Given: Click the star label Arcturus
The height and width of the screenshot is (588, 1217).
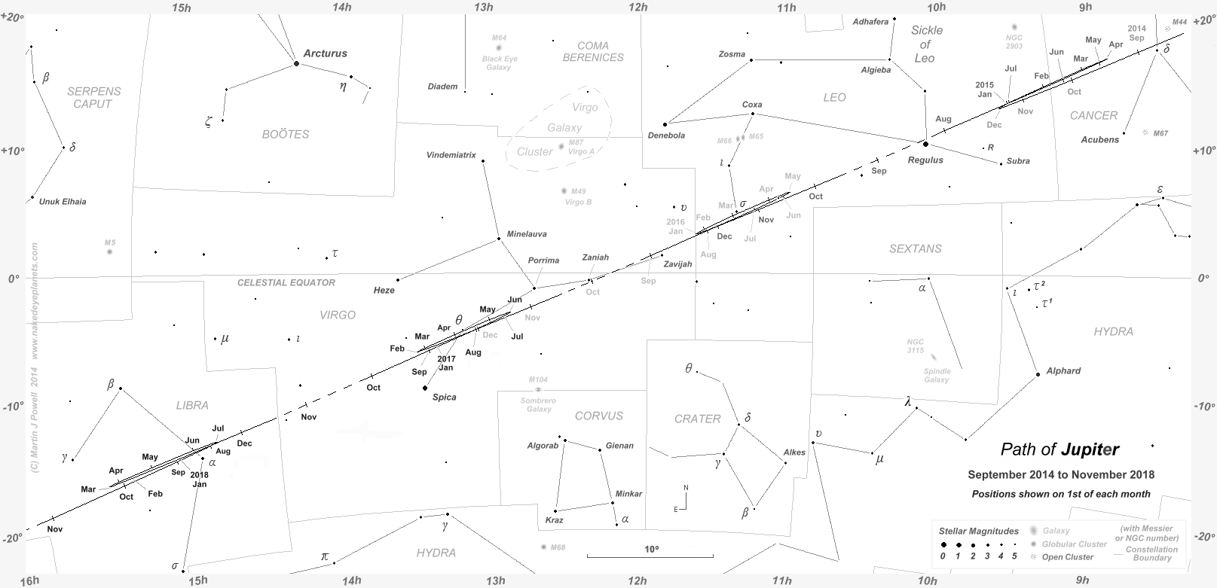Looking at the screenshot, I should (325, 53).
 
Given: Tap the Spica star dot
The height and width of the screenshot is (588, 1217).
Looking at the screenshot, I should (425, 388).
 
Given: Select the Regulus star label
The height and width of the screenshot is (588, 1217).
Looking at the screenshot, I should (925, 160).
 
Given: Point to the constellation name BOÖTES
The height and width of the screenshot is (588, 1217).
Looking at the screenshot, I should (286, 134).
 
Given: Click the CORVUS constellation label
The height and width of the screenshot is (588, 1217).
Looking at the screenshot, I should (599, 416).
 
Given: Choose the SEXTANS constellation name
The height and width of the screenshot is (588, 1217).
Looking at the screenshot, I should (915, 248).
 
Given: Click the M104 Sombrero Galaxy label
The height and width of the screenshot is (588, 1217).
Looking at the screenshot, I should (538, 400).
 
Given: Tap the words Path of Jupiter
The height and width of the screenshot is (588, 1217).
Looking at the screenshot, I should (1060, 449).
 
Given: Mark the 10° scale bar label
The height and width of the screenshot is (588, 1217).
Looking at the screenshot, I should (651, 550).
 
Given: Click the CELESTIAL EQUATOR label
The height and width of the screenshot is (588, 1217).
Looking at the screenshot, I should (286, 282).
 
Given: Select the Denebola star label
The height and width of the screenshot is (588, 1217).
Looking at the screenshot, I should (666, 136).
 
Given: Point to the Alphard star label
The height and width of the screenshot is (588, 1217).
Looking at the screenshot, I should (1063, 370).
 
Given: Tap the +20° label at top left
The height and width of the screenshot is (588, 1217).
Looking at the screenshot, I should (13, 17).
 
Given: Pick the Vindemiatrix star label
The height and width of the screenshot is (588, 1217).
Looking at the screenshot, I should (451, 155).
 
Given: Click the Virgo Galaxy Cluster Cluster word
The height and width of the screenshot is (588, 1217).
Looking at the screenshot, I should (534, 151).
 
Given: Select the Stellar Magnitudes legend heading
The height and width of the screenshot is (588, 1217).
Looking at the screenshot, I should (978, 531).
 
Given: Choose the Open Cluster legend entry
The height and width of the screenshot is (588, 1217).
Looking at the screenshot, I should (1066, 557).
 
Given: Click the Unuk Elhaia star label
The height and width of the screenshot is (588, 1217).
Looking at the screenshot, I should (63, 202).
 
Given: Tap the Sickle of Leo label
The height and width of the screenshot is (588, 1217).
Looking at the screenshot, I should (926, 44).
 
